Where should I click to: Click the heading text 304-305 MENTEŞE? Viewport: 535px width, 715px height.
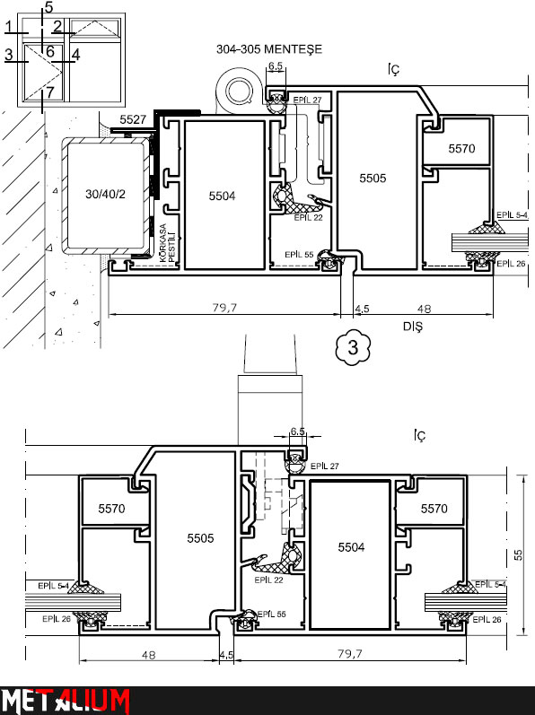tap(269, 49)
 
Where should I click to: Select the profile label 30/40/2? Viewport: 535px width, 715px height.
tap(105, 195)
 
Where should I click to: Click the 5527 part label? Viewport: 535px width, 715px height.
tap(133, 119)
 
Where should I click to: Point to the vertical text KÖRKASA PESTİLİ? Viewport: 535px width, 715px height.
tap(167, 243)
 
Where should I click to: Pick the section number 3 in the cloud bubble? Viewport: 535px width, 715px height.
tap(353, 347)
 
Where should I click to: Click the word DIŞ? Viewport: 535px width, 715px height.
tap(413, 327)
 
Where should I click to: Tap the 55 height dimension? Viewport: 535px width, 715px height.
tap(519, 555)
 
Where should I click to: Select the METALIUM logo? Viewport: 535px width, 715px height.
tap(65, 700)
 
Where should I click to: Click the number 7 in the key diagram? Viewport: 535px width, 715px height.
tap(49, 92)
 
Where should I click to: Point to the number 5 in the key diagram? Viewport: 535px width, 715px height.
tap(48, 7)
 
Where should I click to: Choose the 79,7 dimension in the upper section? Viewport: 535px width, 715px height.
tap(224, 309)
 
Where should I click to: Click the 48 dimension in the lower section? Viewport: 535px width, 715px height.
tap(149, 655)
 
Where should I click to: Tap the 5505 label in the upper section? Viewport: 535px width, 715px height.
tap(373, 179)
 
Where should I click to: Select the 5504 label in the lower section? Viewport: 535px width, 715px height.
tap(351, 547)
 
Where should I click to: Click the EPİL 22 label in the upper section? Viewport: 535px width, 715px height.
tap(308, 217)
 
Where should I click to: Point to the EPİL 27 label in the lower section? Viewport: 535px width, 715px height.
tap(325, 466)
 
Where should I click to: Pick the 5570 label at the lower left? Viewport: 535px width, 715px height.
tap(111, 509)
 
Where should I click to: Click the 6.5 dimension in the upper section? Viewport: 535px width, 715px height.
tap(276, 66)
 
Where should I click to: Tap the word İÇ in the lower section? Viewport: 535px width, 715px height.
tap(420, 436)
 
